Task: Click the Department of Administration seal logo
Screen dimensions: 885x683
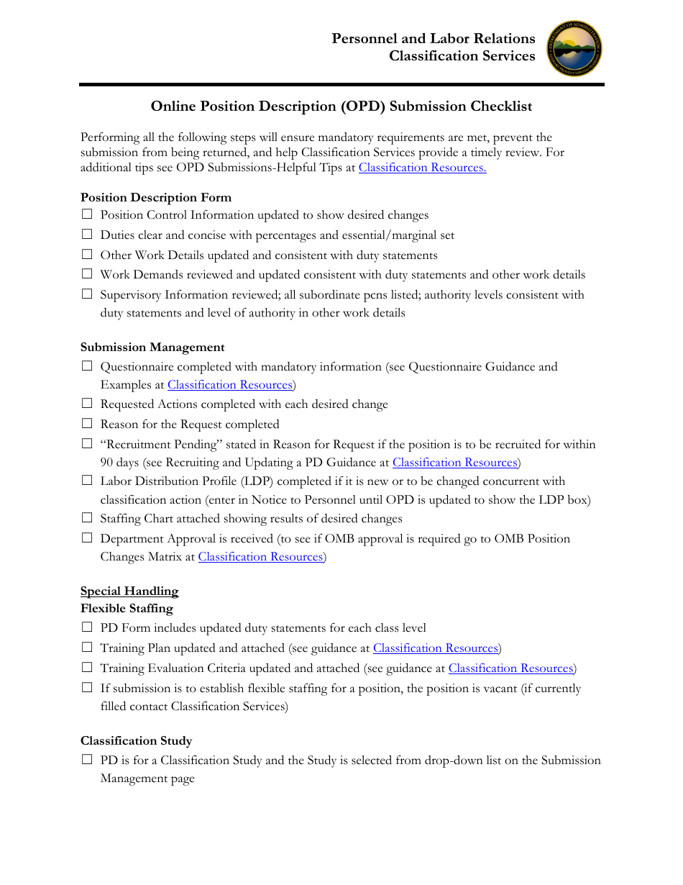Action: [574, 49]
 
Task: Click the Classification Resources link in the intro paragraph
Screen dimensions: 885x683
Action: [422, 168]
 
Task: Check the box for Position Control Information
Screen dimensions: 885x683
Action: [87, 214]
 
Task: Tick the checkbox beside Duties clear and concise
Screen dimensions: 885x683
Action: [87, 235]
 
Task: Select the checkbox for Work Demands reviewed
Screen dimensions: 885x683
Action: [87, 274]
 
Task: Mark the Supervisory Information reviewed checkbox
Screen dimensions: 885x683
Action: [87, 294]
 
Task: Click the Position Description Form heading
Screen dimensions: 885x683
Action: [156, 197]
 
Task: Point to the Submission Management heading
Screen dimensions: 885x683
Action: [152, 347]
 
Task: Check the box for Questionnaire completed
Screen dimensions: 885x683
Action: [87, 366]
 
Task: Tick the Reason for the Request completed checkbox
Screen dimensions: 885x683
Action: [87, 424]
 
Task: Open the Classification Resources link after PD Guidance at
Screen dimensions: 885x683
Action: [455, 463]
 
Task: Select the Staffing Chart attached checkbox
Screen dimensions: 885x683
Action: [87, 518]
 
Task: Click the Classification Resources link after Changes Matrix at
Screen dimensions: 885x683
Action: [260, 557]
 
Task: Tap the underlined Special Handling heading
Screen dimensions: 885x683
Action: [129, 591]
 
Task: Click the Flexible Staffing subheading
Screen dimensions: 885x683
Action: [127, 609]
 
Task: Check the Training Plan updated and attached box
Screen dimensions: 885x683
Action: [87, 648]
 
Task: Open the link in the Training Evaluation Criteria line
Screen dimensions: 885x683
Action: [510, 668]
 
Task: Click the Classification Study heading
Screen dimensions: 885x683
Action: [136, 740]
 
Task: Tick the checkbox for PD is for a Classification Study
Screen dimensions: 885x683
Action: [87, 760]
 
